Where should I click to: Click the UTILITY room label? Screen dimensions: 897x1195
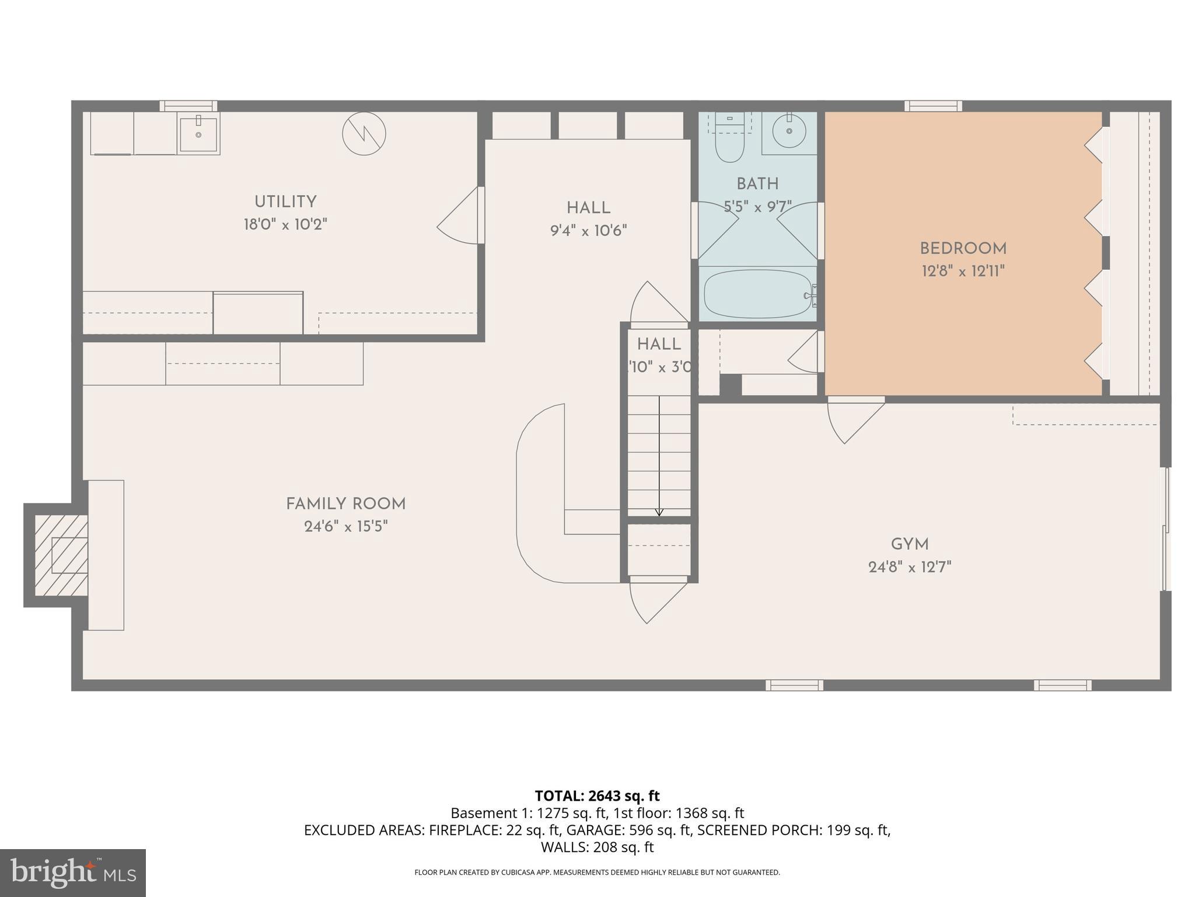tap(285, 202)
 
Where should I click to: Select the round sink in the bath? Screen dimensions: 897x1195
tap(789, 132)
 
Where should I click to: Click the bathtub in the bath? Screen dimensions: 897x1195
tap(757, 294)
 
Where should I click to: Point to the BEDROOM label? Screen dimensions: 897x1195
tap(963, 249)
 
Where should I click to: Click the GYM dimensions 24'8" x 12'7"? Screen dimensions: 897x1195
tap(909, 567)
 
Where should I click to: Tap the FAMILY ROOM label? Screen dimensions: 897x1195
tap(345, 504)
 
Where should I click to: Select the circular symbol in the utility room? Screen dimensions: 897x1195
tap(364, 134)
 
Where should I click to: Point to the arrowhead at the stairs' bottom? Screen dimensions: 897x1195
tap(659, 513)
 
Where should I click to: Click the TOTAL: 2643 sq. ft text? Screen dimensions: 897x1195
tap(597, 796)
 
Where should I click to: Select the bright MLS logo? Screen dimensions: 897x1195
tap(73, 872)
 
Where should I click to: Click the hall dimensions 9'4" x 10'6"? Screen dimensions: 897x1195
tap(588, 231)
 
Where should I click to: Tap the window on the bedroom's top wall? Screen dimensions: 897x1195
tap(933, 106)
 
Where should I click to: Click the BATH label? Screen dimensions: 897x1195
tap(757, 185)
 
